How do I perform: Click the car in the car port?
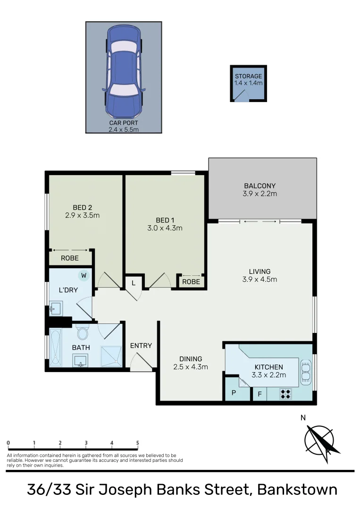pos(123,72)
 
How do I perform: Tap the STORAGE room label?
pos(248,76)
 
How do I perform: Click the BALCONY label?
pos(260,186)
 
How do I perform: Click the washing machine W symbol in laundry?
pos(84,275)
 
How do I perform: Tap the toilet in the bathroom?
pos(83,333)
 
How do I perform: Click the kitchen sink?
pos(306,371)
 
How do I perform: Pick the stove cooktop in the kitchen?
pos(285,394)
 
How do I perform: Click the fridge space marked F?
pos(259,394)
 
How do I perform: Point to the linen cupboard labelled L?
pos(134,283)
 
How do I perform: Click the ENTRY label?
pos(141,346)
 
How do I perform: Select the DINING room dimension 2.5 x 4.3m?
pos(190,366)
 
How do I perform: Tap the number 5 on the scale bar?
pos(138,443)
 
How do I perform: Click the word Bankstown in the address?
pos(297,489)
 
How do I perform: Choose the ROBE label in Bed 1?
pos(191,282)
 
